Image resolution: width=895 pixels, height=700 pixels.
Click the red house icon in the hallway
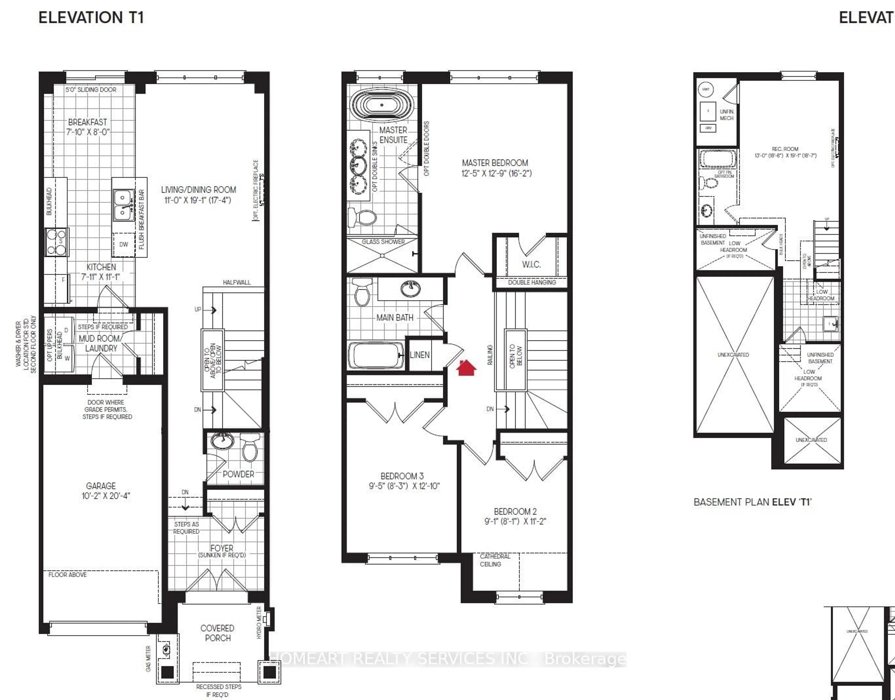466,368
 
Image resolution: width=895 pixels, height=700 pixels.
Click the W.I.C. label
531,264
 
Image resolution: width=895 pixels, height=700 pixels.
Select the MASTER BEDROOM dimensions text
496,173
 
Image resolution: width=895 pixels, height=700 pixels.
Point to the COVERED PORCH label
217,633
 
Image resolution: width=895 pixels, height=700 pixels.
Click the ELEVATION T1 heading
91,18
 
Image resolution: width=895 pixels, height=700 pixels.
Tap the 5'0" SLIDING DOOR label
91,89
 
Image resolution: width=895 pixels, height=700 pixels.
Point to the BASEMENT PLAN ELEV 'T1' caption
752,502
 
